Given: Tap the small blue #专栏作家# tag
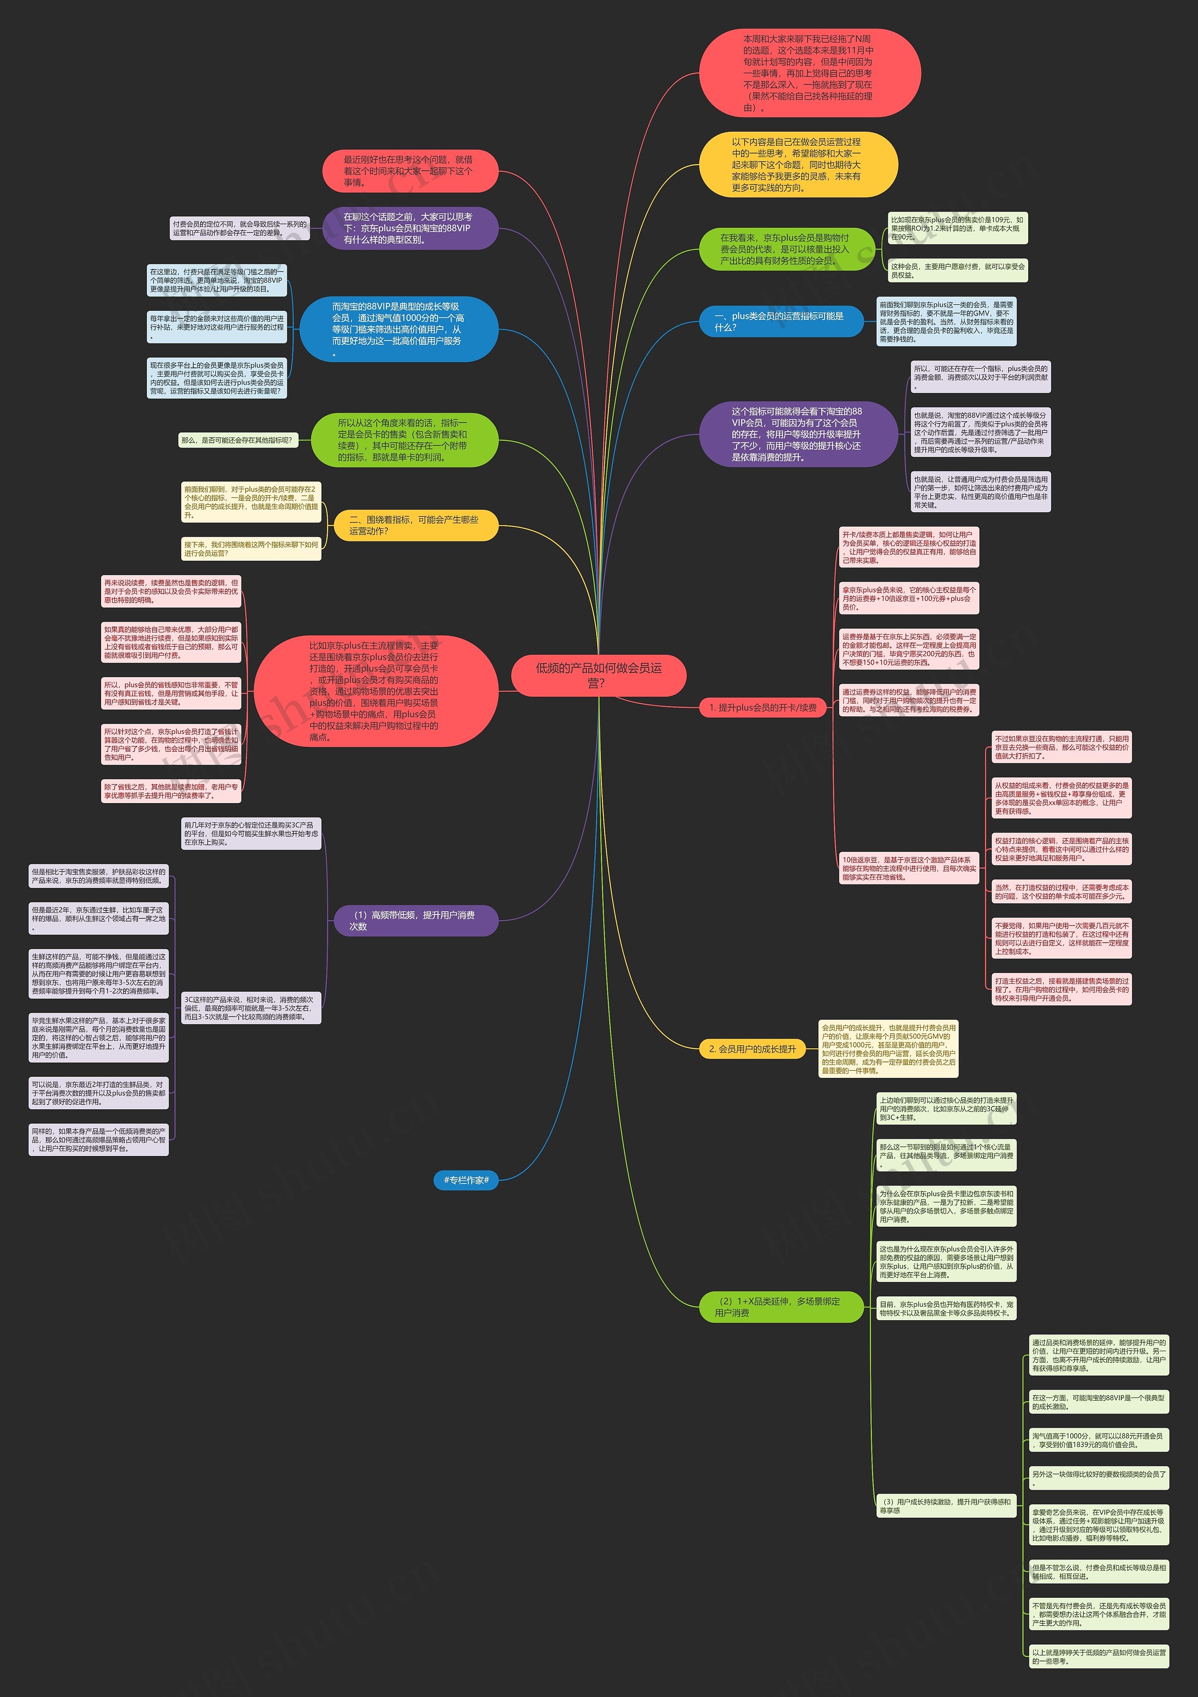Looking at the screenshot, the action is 466,1180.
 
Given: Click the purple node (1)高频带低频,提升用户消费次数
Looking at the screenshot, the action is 414,920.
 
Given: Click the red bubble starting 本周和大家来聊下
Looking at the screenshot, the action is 809,73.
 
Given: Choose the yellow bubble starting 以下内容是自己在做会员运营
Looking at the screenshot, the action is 798,164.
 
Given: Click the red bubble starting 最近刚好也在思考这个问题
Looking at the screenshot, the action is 410,171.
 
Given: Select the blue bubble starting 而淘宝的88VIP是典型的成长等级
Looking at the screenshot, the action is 399,329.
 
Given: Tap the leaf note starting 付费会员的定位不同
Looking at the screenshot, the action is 240,227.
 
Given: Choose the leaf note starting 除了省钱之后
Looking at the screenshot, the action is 171,791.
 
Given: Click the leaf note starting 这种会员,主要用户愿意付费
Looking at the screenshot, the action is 957,271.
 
